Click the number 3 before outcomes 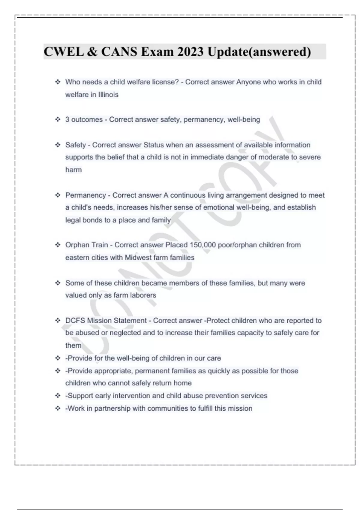coord(67,120)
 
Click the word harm coord(73,170)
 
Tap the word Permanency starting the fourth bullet coord(85,195)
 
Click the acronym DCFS coord(75,321)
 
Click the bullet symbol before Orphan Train coord(58,245)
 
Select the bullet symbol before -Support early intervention coord(58,396)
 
